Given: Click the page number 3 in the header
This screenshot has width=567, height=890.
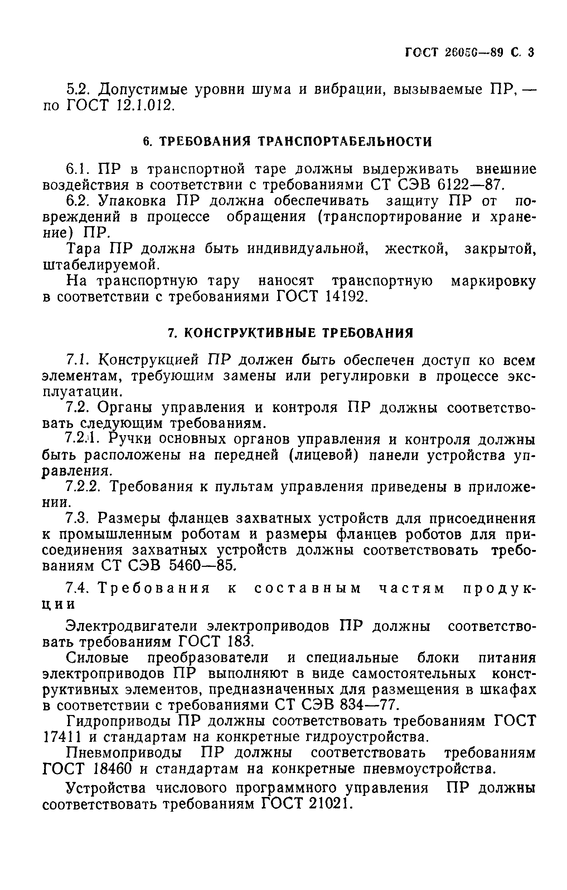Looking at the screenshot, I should pos(531,53).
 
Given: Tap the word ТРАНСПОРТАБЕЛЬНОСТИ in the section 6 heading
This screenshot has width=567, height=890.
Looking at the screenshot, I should pos(344,142).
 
